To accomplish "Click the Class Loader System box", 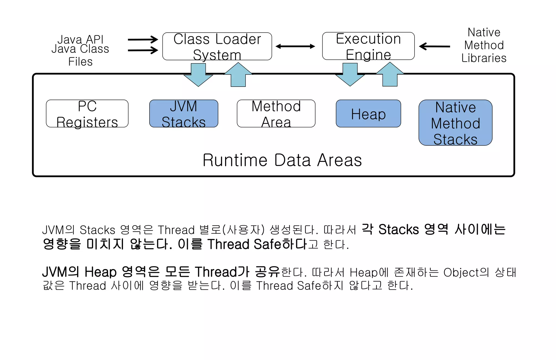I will [217, 46].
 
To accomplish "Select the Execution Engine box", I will [368, 46].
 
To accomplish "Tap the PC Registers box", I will [87, 113].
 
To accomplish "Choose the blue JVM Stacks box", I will [184, 113].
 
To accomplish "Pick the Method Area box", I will [276, 113].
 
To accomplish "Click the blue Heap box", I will [368, 113].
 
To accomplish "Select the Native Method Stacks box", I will [455, 123].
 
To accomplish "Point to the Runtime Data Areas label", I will [282, 160].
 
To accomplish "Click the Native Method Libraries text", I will [484, 45].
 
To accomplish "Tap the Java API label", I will [80, 39].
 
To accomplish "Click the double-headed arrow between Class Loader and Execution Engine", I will [295, 46].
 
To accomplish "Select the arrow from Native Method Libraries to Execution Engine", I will [435, 46].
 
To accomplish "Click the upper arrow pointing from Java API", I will [143, 40].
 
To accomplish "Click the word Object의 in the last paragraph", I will [466, 272].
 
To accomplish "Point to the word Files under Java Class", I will [80, 62].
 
